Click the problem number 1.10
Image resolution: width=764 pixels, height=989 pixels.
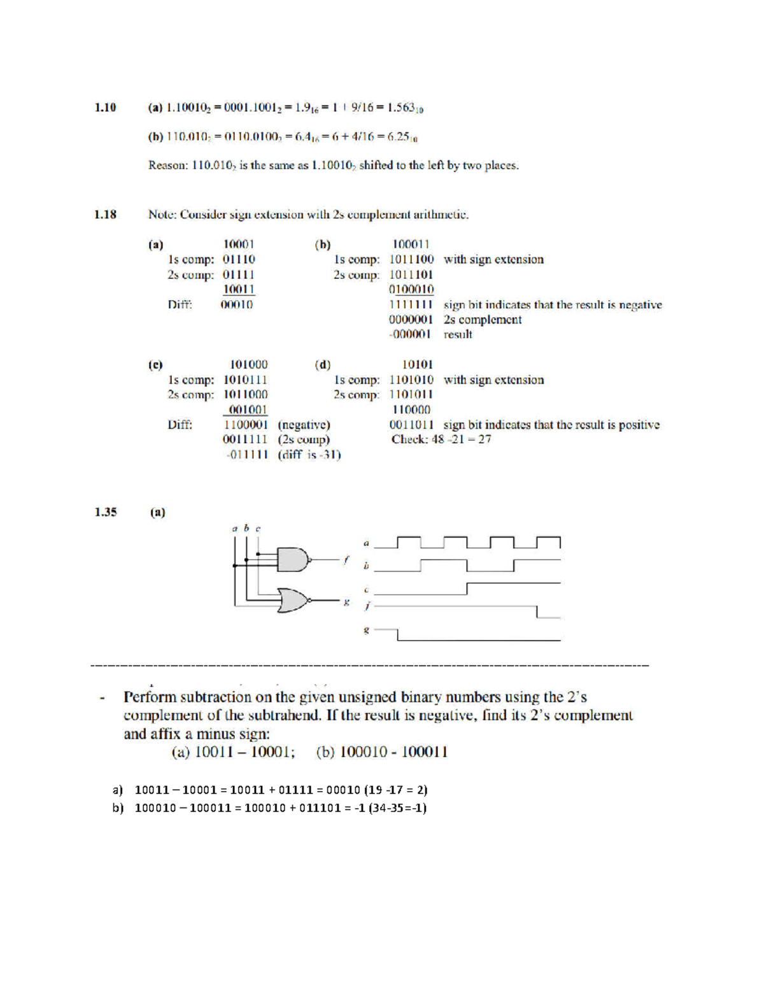coord(106,108)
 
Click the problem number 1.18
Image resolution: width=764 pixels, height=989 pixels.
coord(106,215)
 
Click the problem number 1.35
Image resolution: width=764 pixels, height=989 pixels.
coord(106,512)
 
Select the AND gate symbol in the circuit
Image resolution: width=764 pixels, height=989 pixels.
coord(292,560)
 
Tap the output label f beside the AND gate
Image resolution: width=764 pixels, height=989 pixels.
coord(346,560)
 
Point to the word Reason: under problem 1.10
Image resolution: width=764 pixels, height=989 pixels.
coord(167,166)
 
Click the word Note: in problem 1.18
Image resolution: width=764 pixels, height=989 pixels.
coord(162,215)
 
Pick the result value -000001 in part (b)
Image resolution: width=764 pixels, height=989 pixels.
coord(411,334)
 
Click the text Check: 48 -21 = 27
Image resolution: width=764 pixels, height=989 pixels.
coord(441,439)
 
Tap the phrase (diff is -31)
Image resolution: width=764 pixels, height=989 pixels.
coord(309,455)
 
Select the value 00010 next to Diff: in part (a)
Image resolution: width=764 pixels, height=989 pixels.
coord(237,304)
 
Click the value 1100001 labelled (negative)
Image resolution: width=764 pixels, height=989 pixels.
coord(246,425)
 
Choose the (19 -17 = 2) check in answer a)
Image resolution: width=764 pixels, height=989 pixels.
coord(395,790)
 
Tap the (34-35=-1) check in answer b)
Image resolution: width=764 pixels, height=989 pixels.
coord(397,808)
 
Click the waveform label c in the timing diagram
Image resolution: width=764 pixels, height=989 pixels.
coord(366,590)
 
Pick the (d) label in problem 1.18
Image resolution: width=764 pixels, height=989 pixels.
coord(323,365)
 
